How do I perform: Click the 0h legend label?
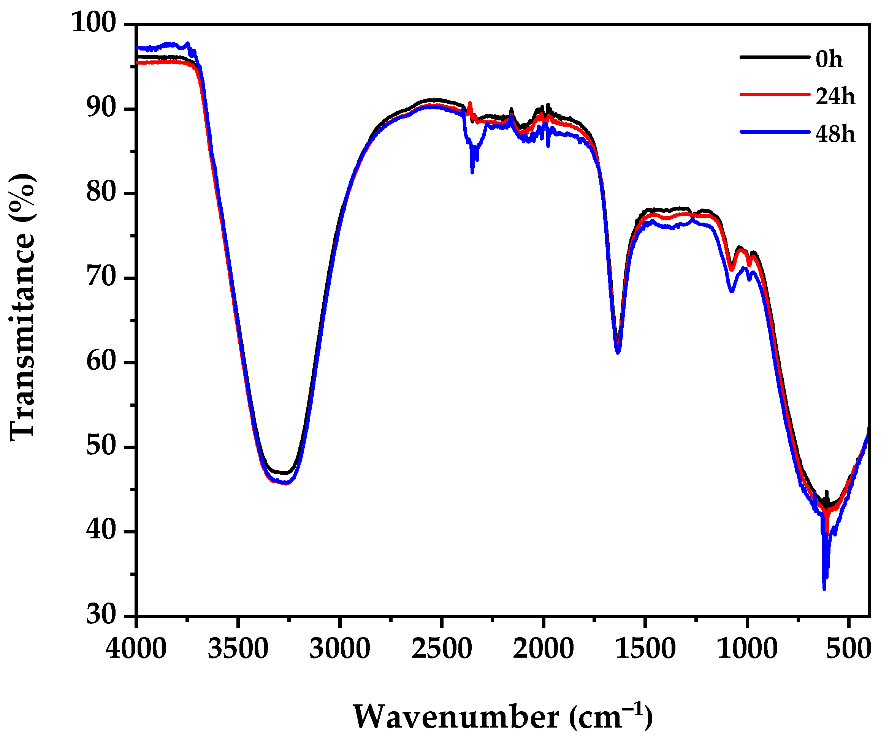pos(829,59)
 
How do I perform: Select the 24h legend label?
pos(835,97)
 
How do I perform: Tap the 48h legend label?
pos(835,134)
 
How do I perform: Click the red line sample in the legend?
pos(774,94)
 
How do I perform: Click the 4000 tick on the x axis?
pos(136,649)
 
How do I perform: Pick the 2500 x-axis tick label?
pos(441,649)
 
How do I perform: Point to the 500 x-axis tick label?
pos(848,649)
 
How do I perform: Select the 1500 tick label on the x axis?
pos(645,649)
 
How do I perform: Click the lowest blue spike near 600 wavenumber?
pos(824,589)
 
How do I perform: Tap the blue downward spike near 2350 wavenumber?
pos(472,172)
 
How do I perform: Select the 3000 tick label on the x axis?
pos(339,649)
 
